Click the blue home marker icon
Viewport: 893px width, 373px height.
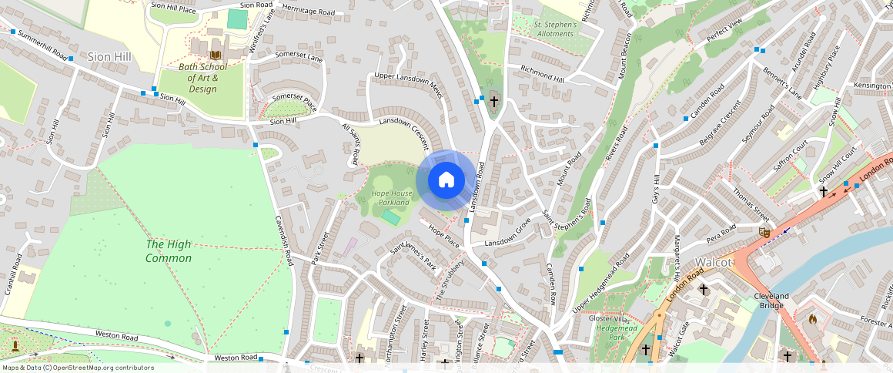pos(446,180)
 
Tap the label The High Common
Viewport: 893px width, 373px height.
pos(169,251)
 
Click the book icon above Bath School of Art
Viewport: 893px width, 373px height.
pos(216,55)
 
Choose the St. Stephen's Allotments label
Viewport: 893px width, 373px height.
pos(555,29)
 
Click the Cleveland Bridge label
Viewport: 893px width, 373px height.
pos(771,301)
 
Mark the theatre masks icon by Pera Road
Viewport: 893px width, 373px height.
pos(764,232)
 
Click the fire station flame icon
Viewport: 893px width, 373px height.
pos(811,318)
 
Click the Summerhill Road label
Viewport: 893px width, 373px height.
pos(37,46)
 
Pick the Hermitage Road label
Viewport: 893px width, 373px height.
pos(308,12)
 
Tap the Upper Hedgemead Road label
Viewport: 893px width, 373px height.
pos(601,283)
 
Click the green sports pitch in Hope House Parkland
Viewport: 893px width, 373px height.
pos(390,218)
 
